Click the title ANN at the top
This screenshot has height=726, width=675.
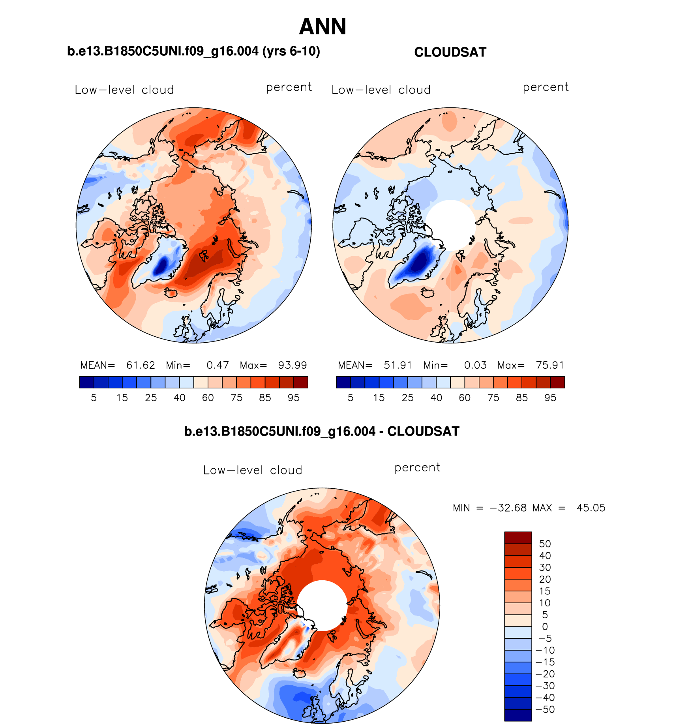pyautogui.click(x=322, y=27)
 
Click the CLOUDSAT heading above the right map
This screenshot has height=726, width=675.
pyautogui.click(x=450, y=52)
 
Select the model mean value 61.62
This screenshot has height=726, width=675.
pyautogui.click(x=141, y=365)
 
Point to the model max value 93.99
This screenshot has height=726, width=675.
pyautogui.click(x=292, y=365)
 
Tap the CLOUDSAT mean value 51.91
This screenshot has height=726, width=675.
pyautogui.click(x=398, y=365)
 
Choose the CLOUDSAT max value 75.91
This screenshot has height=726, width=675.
pyautogui.click(x=550, y=365)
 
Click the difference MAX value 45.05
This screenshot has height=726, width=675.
pyautogui.click(x=591, y=508)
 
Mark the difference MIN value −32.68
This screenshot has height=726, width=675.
pyautogui.click(x=508, y=508)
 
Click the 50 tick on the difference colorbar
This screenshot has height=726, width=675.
pyautogui.click(x=545, y=544)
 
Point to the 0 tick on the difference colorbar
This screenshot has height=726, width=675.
pyautogui.click(x=545, y=627)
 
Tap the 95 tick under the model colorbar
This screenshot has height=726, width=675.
pyautogui.click(x=294, y=398)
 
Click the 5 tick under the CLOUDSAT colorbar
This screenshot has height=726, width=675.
pyautogui.click(x=351, y=398)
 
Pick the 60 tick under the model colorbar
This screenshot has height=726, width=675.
pyautogui.click(x=208, y=398)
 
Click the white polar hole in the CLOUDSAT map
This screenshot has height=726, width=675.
pyautogui.click(x=450, y=224)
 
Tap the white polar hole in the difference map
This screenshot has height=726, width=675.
pyautogui.click(x=322, y=606)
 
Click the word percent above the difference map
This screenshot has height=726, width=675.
pyautogui.click(x=417, y=468)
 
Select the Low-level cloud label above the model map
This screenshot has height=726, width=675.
pyautogui.click(x=124, y=90)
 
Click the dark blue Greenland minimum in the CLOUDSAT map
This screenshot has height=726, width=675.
pyautogui.click(x=420, y=261)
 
